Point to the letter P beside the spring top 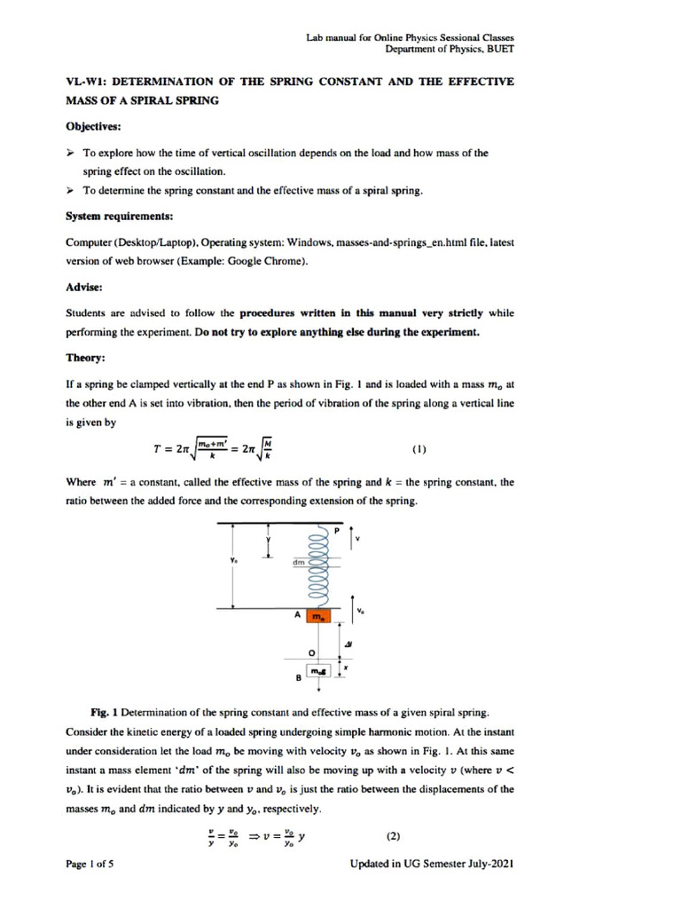point(336,530)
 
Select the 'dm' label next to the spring point(298,563)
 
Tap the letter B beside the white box point(298,679)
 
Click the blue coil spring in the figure point(317,568)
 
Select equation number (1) point(419,449)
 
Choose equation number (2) point(395,836)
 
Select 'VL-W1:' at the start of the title point(87,82)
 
